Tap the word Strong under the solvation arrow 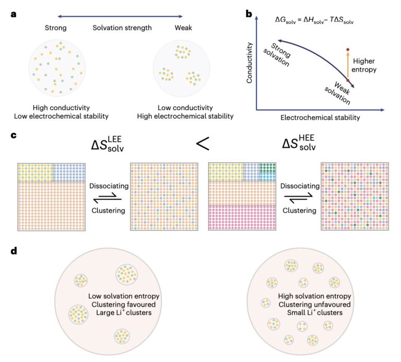56,28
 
